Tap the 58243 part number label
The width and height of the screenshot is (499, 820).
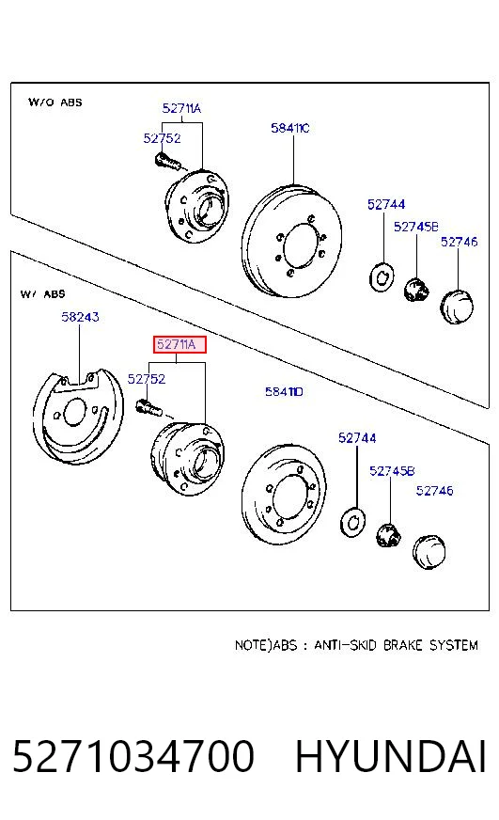(x=80, y=316)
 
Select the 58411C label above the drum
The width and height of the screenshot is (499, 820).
(x=290, y=128)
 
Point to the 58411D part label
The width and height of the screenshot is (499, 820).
(x=284, y=391)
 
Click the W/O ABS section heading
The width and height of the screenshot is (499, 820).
(x=55, y=102)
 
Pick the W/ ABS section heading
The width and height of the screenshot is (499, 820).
(x=43, y=294)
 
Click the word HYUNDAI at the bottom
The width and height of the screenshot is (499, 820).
(x=391, y=756)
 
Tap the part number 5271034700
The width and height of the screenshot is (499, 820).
(x=133, y=756)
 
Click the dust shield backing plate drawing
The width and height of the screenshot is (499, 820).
(x=77, y=416)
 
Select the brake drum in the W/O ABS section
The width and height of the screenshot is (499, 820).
(x=291, y=241)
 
